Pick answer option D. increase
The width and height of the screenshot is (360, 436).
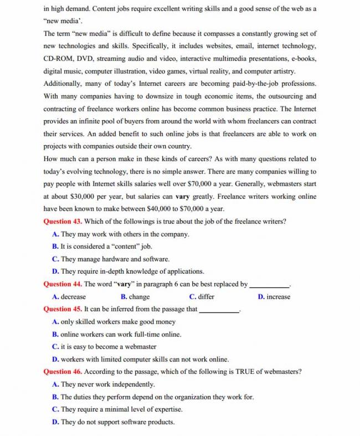click(x=274, y=297)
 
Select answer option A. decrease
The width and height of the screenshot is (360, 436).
click(x=69, y=297)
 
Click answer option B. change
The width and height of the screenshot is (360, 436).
click(x=135, y=297)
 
